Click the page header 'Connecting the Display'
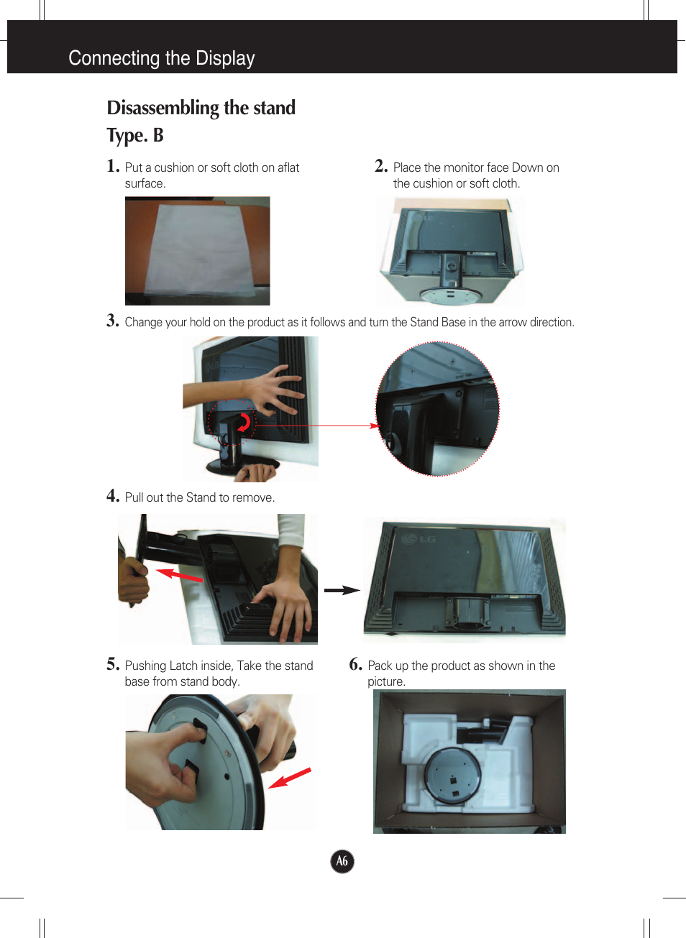tap(161, 58)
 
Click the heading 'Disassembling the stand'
tap(201, 108)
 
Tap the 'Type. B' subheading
tap(135, 135)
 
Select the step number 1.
tap(113, 166)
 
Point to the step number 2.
tap(381, 166)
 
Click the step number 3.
tap(113, 321)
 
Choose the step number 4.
tap(113, 496)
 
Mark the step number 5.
tap(113, 664)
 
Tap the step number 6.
tap(355, 664)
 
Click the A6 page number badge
tap(342, 861)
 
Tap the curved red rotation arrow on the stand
tap(244, 423)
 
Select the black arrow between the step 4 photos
tap(342, 590)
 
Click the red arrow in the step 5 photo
tap(290, 778)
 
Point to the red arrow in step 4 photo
tap(179, 575)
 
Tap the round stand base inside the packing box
tap(452, 775)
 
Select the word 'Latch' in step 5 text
tap(183, 666)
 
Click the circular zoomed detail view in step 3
tap(437, 408)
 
